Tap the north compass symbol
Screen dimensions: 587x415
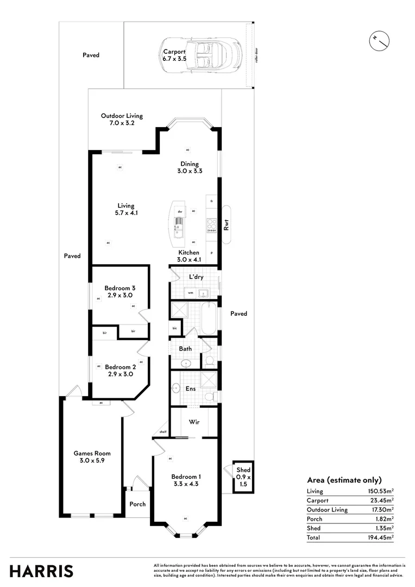tap(379, 39)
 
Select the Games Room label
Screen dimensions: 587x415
tap(92, 457)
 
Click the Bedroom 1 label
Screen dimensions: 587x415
tap(185, 480)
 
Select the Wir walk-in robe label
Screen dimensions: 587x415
tap(194, 422)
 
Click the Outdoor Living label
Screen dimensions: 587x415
tap(122, 119)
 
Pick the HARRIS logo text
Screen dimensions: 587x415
tap(41, 571)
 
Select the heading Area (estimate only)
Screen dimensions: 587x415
tap(344, 480)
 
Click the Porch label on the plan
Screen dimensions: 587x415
tap(137, 504)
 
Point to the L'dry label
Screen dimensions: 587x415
tap(196, 277)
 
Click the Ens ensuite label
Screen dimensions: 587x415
tap(191, 389)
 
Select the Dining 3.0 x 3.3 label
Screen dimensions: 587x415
tap(190, 167)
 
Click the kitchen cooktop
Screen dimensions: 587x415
tap(211, 224)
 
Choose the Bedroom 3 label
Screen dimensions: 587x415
tap(120, 291)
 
